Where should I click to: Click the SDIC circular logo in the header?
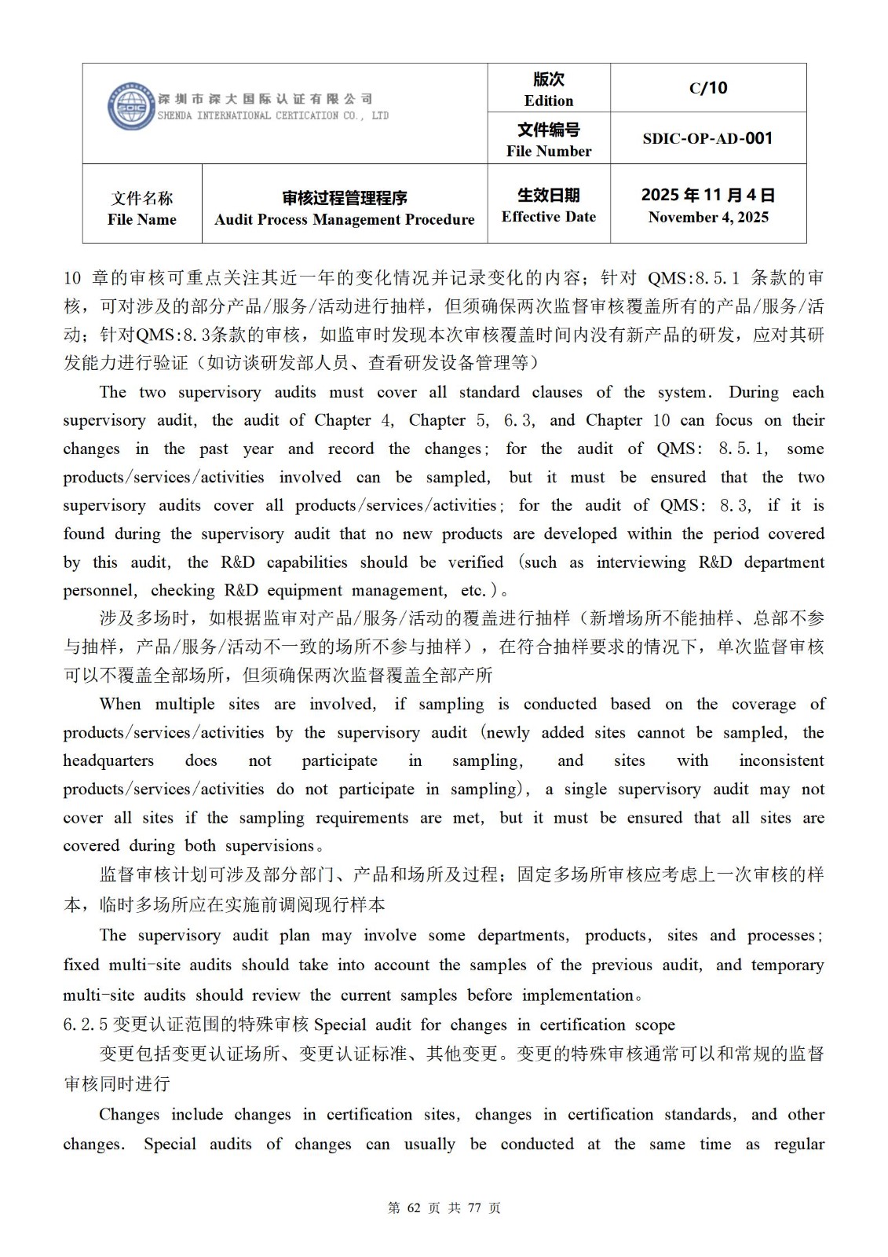click(x=130, y=107)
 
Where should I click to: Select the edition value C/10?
click(x=707, y=88)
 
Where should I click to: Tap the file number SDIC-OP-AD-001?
click(x=707, y=138)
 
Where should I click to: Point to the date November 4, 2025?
click(x=707, y=218)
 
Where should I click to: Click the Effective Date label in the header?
click(x=548, y=217)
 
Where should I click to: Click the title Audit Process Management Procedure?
click(x=344, y=219)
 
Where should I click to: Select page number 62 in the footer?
click(x=415, y=1208)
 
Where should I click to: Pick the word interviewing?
click(x=641, y=562)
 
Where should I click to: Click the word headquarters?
click(x=108, y=760)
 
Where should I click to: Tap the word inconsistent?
click(x=781, y=760)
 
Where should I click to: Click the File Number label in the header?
click(x=548, y=151)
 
